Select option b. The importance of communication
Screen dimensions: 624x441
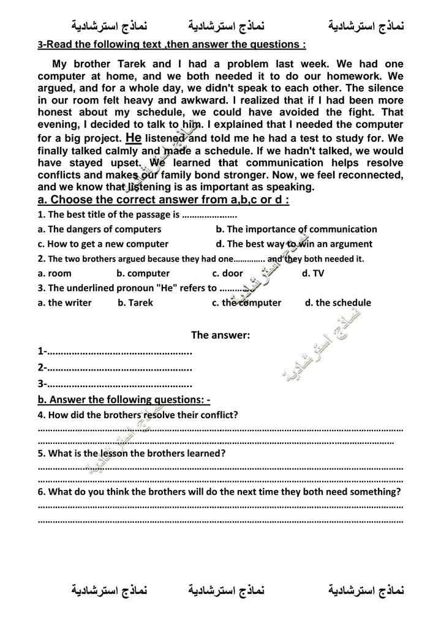pyautogui.click(x=296, y=229)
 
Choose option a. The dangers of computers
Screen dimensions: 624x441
pyautogui.click(x=99, y=229)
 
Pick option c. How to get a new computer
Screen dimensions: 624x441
pyautogui.click(x=103, y=244)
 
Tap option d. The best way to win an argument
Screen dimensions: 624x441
pyautogui.click(x=294, y=244)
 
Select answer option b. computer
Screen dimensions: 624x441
pyautogui.click(x=143, y=273)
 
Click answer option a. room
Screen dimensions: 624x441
pyautogui.click(x=55, y=273)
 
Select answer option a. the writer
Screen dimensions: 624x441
pyautogui.click(x=64, y=303)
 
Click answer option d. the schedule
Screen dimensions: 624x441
pyautogui.click(x=337, y=303)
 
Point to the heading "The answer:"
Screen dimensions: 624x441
pyautogui.click(x=221, y=335)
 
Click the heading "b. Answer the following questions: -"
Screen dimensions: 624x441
pyautogui.click(x=124, y=400)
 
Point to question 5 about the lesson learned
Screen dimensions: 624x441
pyautogui.click(x=132, y=454)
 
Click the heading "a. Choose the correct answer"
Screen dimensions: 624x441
pyautogui.click(x=163, y=200)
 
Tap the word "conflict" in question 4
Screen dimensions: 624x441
pyautogui.click(x=217, y=415)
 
